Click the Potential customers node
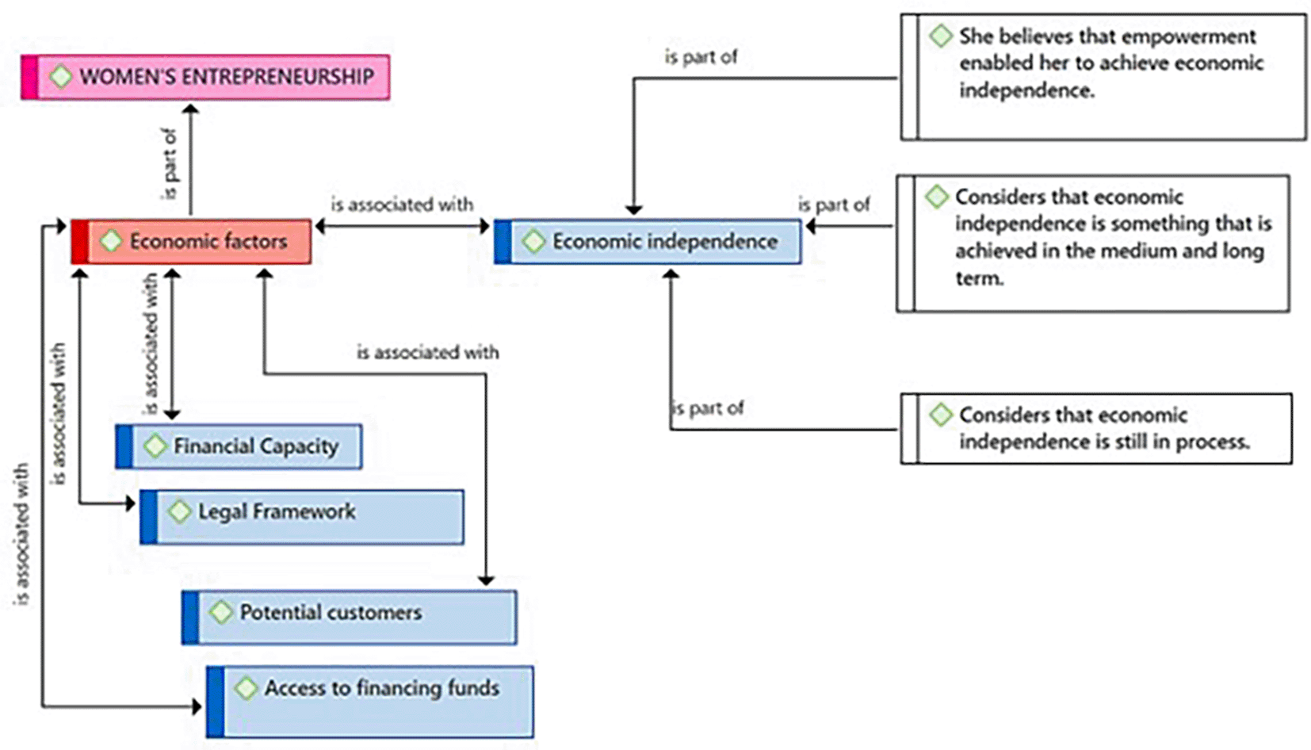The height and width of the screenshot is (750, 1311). (350, 617)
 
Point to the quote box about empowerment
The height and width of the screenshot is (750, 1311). (1103, 77)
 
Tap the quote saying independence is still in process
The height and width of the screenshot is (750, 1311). (1097, 429)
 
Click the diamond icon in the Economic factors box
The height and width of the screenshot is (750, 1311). (111, 240)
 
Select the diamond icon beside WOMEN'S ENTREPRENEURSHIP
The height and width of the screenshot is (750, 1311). (60, 77)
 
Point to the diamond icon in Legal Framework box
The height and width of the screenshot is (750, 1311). (180, 511)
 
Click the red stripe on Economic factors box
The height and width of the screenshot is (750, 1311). (79, 241)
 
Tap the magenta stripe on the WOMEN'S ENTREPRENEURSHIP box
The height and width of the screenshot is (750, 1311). (29, 77)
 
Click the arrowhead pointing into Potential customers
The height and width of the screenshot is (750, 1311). (486, 580)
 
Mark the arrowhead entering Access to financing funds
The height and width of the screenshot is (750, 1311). (197, 706)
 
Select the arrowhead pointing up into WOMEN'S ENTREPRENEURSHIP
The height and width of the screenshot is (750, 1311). (190, 109)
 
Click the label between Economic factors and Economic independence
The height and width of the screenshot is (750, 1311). (402, 205)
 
